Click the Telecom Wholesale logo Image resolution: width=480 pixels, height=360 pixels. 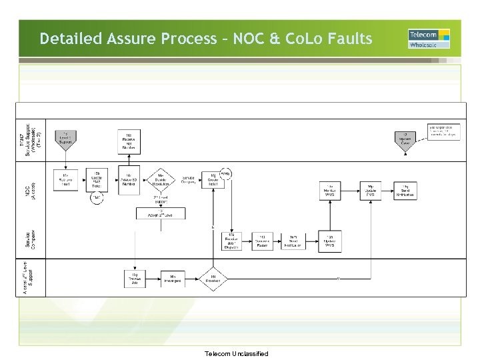click(429, 39)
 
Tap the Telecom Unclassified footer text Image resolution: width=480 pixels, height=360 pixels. click(237, 353)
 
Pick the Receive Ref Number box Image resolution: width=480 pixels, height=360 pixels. click(129, 139)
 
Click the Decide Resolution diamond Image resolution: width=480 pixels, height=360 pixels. click(160, 178)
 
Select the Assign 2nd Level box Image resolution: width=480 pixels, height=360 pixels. click(161, 213)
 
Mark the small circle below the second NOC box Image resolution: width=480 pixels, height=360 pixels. click(97, 198)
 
